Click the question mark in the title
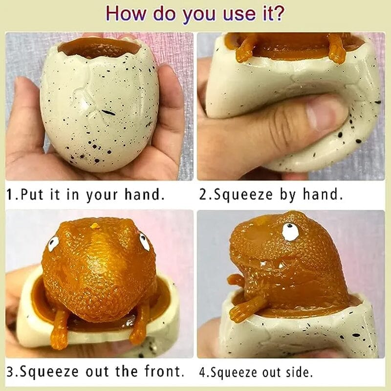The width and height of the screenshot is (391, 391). click(278, 13)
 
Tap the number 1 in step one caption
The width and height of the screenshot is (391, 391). click(10, 195)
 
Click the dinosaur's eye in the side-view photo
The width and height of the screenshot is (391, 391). click(290, 232)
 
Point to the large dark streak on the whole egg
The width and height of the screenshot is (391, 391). click(109, 112)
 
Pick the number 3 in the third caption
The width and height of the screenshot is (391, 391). click(10, 371)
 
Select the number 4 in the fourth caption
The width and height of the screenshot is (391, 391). click(202, 372)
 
